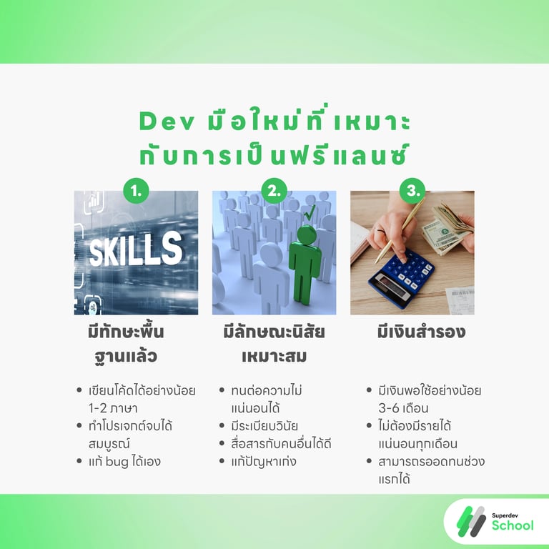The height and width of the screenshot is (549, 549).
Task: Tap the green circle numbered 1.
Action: [136, 191]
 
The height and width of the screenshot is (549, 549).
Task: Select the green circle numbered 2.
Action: [274, 191]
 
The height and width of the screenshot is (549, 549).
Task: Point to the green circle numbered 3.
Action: [412, 191]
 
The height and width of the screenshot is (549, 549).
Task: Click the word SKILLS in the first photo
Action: [135, 249]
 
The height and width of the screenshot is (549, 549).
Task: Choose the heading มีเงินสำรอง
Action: [412, 332]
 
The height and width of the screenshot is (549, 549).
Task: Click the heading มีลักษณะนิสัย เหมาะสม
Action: [274, 343]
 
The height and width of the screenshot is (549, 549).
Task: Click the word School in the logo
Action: [512, 525]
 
